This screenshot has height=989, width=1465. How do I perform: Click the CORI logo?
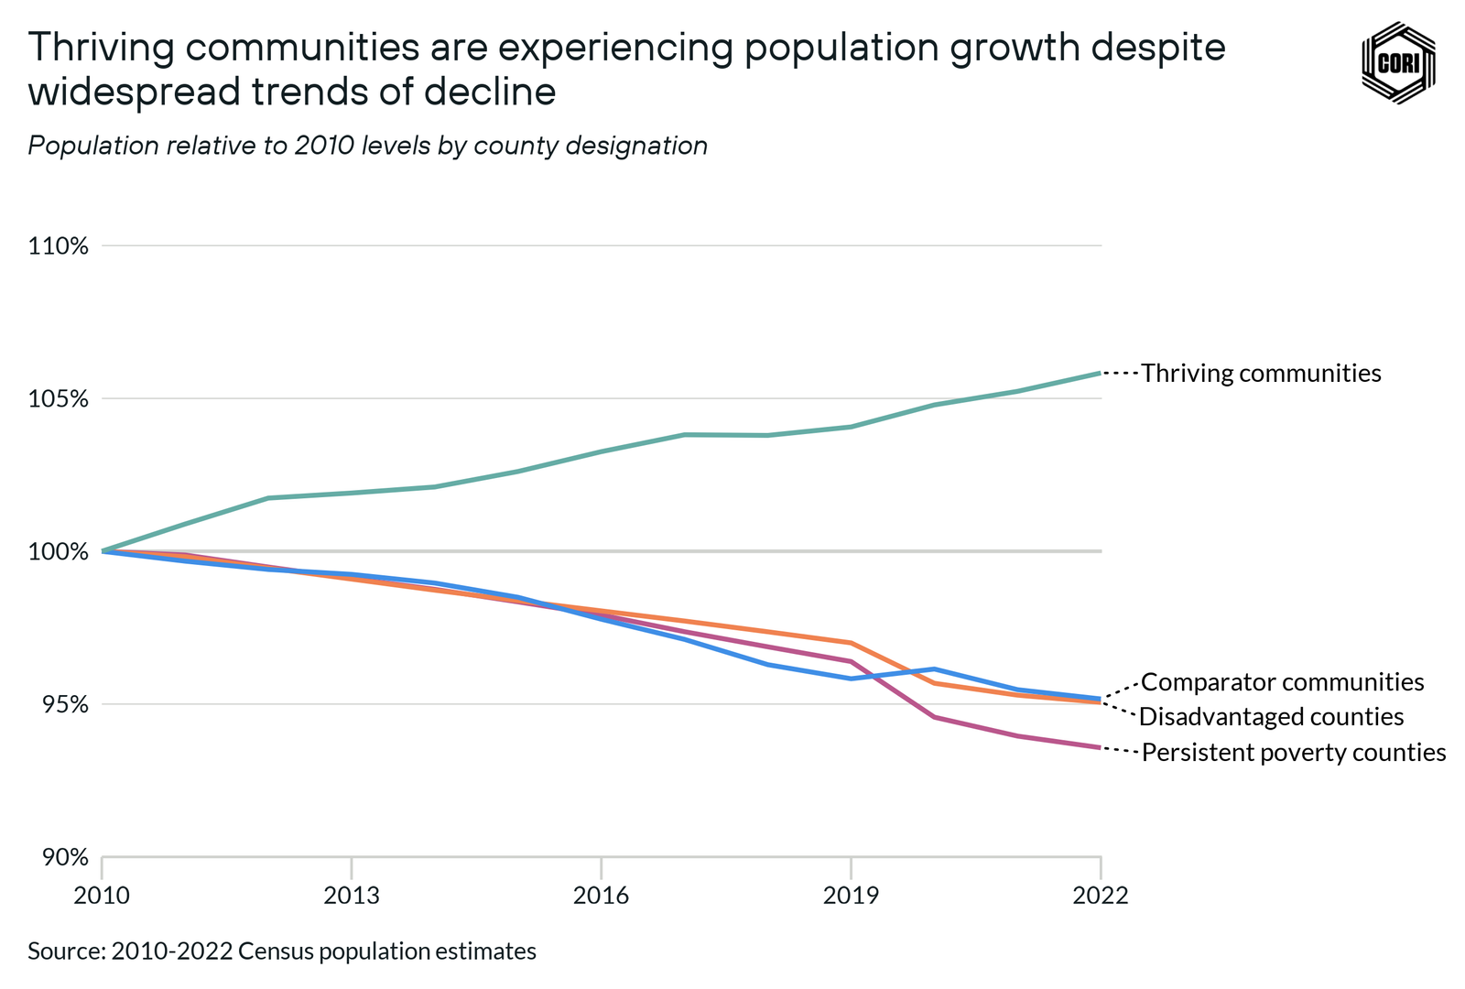(1398, 63)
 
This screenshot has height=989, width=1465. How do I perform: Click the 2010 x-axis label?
(102, 895)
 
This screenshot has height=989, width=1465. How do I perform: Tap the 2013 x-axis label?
(352, 895)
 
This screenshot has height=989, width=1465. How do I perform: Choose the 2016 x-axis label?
(602, 895)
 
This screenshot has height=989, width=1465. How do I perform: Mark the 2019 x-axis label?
(852, 895)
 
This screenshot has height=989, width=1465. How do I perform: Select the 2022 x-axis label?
(1101, 895)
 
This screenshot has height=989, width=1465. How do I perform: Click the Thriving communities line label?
(1261, 374)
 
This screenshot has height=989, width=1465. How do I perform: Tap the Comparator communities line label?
(1282, 682)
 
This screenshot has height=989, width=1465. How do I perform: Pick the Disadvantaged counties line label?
(1271, 717)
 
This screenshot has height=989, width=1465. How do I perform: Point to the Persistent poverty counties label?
(1293, 753)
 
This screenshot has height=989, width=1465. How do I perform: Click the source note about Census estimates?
(282, 951)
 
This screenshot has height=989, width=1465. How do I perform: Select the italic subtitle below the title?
(367, 146)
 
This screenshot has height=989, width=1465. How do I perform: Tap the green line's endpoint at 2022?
(1100, 373)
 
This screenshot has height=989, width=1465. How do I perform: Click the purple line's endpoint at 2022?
(1100, 748)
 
